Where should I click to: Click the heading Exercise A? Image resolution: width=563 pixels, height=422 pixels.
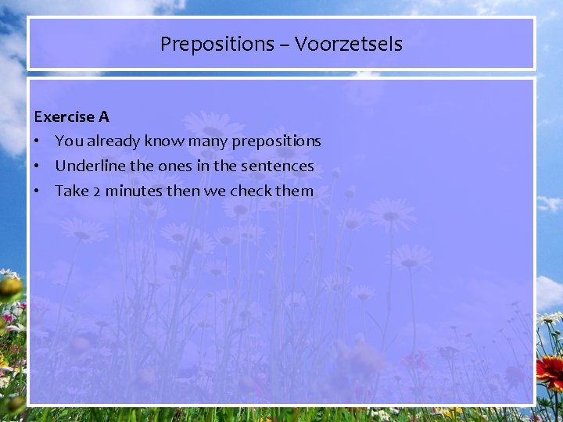tap(72, 117)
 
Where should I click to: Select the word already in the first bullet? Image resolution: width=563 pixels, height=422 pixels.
tap(114, 142)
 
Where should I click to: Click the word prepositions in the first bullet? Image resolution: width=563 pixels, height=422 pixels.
tap(274, 142)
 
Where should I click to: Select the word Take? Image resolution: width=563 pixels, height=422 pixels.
tap(72, 191)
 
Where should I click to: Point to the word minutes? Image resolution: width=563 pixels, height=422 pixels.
tap(133, 191)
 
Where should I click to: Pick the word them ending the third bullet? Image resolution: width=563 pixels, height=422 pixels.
tap(296, 191)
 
